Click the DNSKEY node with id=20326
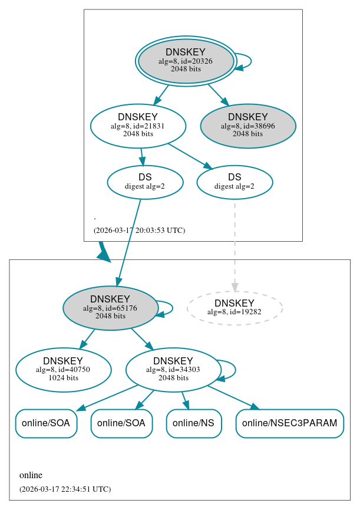pos(186,61)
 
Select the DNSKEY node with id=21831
pos(138,126)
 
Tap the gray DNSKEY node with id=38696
pos(248,126)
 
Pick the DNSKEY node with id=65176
pos(110,308)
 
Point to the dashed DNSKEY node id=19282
pos(235,308)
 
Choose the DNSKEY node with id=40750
pos(63,370)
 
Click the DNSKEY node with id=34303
pos(173,370)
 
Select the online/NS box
pos(194,423)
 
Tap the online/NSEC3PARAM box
pos(289,423)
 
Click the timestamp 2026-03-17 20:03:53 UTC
pos(139,231)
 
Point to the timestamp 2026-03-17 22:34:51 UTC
pos(65,489)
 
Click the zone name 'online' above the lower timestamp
pos(31,475)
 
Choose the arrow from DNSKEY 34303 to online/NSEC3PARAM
pos(233,397)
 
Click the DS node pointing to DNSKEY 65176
pos(145,182)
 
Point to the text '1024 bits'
pos(63,378)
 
